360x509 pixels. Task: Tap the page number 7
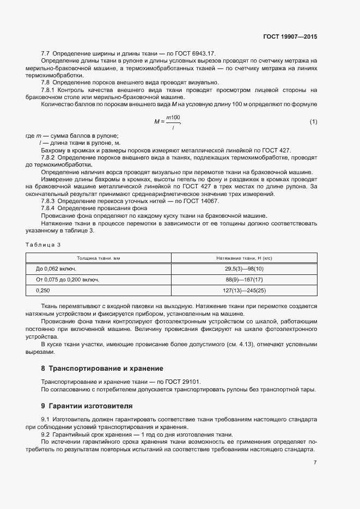[x=315, y=463]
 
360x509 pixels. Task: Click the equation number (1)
[x=313, y=121]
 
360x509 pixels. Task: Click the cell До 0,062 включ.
[x=56, y=269]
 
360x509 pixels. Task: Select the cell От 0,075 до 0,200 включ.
[x=67, y=280]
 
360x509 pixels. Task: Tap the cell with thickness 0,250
[x=43, y=291]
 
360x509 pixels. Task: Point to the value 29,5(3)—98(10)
[x=244, y=269]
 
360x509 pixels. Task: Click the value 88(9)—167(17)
[x=244, y=280]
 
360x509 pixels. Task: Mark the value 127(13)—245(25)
[x=244, y=291]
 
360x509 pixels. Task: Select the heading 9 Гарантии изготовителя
[x=87, y=406]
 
